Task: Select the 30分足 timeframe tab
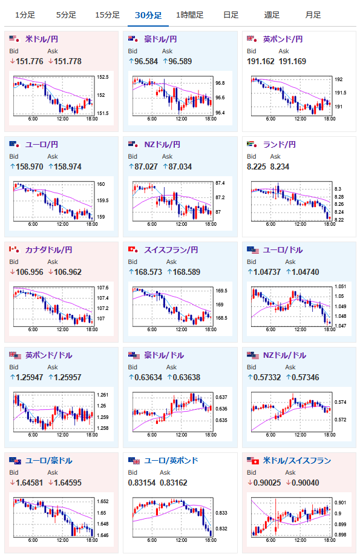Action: point(148,15)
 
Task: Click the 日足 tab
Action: point(231,15)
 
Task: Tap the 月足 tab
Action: point(313,15)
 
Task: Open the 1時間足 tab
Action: point(190,15)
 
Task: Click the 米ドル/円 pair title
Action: point(42,39)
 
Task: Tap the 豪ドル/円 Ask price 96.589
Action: point(180,62)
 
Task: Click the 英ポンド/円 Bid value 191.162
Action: point(260,62)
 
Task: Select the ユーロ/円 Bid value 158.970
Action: point(29,167)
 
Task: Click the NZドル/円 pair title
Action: point(162,145)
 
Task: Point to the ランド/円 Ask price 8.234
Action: point(280,167)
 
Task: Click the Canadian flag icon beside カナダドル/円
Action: point(14,249)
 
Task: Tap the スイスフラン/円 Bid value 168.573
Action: point(148,272)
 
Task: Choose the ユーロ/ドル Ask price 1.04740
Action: point(306,272)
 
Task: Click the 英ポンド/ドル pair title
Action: point(48,355)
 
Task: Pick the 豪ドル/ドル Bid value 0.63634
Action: point(148,377)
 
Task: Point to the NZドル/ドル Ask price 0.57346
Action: point(306,377)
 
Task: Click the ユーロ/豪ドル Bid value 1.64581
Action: point(29,483)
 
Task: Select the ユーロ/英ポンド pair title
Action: point(171,460)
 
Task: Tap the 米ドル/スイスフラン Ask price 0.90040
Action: point(306,483)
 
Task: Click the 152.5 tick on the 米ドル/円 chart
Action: point(103,77)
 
